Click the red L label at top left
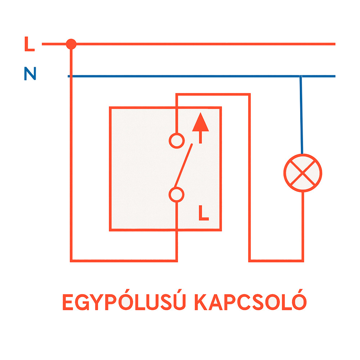(30, 44)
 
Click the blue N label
(30, 73)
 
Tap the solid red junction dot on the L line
(71, 44)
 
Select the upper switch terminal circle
(177, 140)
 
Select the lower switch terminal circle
(176, 195)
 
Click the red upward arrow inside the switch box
(201, 128)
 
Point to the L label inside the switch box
(204, 213)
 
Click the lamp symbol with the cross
(303, 173)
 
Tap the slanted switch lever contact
(183, 166)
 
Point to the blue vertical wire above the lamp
(301, 115)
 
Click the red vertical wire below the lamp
(303, 226)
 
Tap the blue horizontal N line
(202, 76)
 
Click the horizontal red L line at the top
(189, 44)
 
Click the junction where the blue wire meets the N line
(301, 76)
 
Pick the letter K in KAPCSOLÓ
(201, 302)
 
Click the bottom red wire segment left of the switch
(124, 261)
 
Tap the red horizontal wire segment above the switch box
(213, 94)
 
